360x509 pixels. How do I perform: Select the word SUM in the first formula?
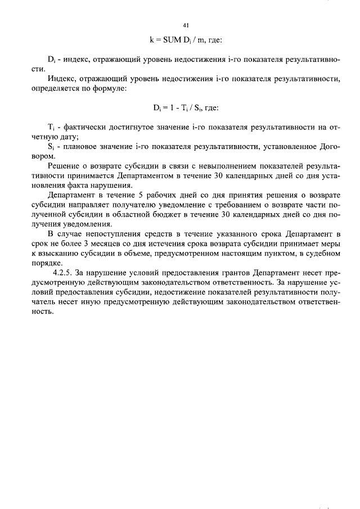coord(172,40)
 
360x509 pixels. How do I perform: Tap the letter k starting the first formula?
coord(151,40)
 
